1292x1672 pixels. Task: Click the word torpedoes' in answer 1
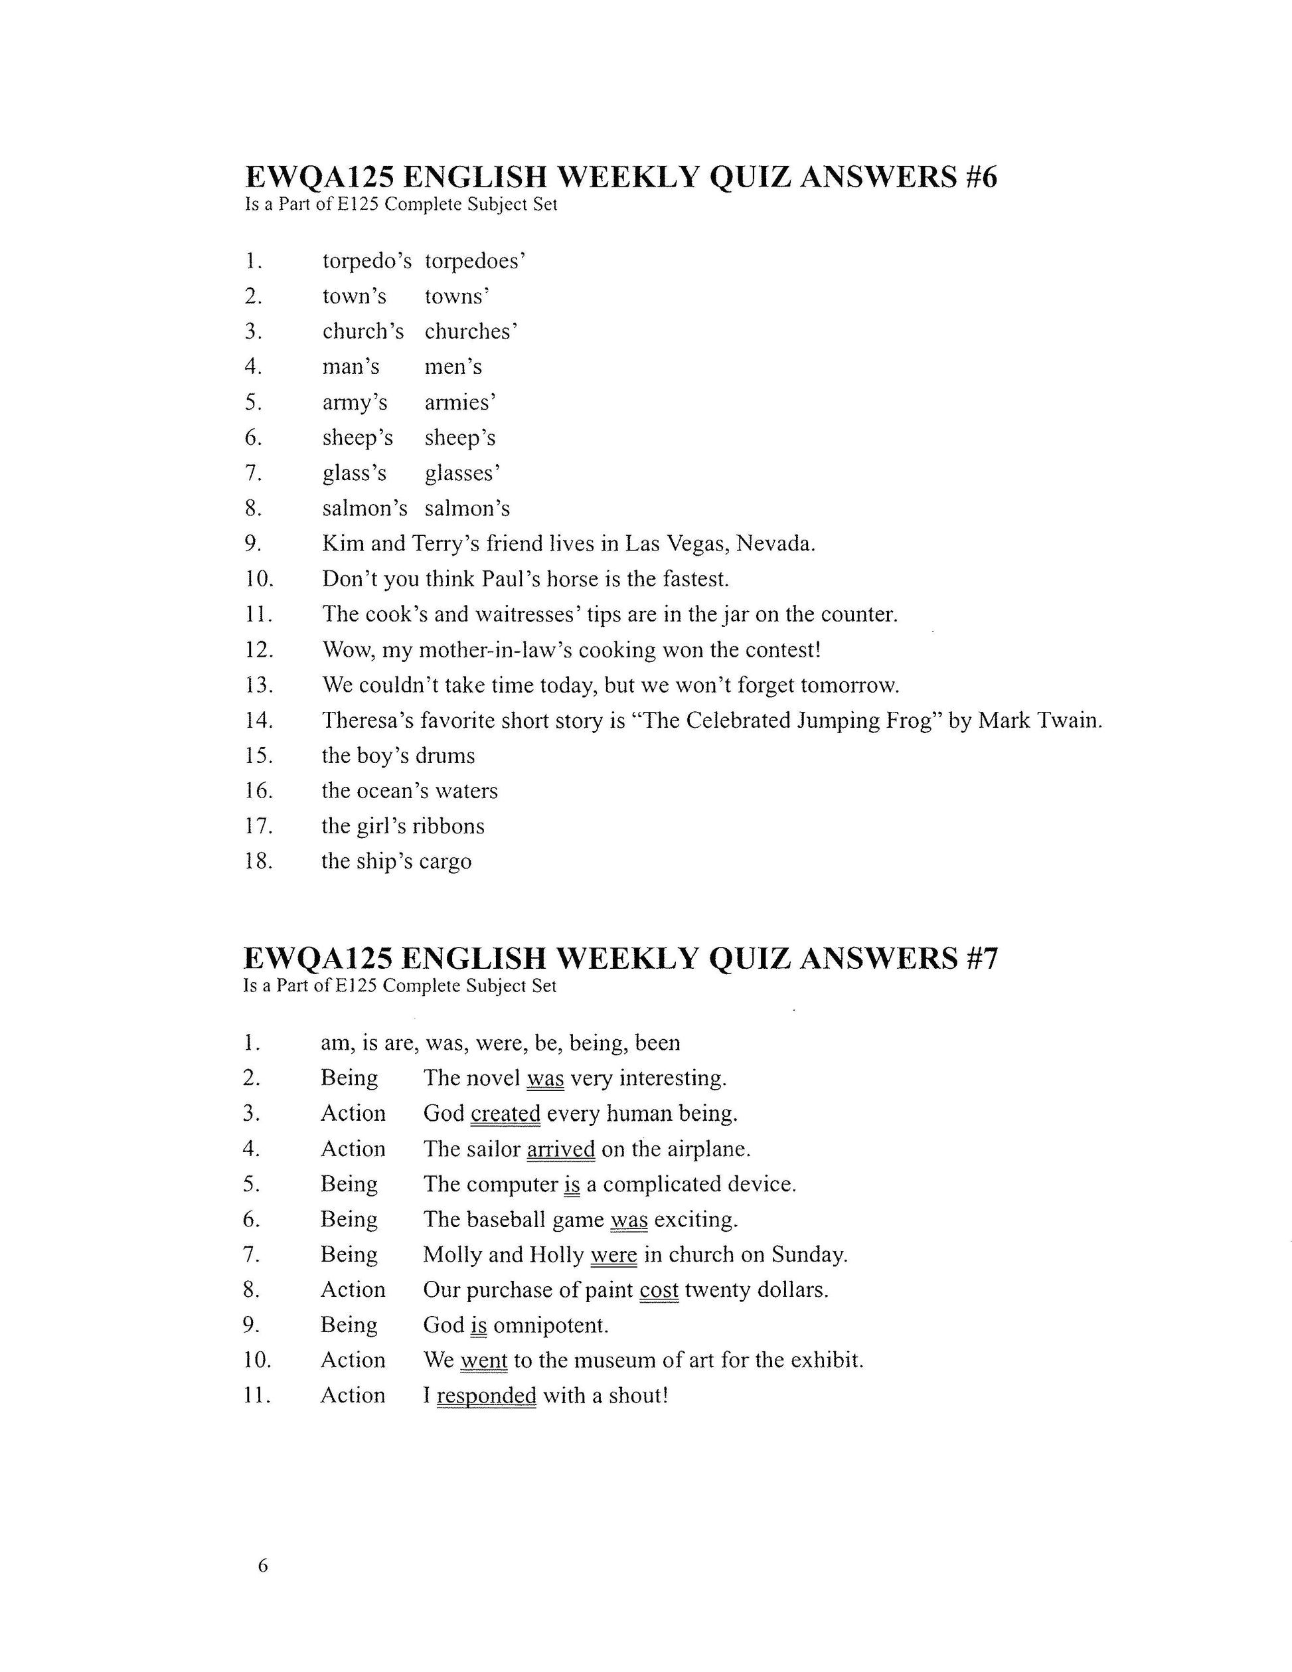pyautogui.click(x=475, y=262)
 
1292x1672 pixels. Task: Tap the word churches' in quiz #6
pyautogui.click(x=471, y=331)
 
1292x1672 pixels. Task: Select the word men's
pyautogui.click(x=453, y=367)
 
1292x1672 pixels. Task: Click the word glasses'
pyautogui.click(x=462, y=473)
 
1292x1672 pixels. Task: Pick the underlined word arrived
pyautogui.click(x=560, y=1149)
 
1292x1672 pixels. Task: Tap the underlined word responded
pyautogui.click(x=486, y=1396)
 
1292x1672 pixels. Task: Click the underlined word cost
pyautogui.click(x=659, y=1290)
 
